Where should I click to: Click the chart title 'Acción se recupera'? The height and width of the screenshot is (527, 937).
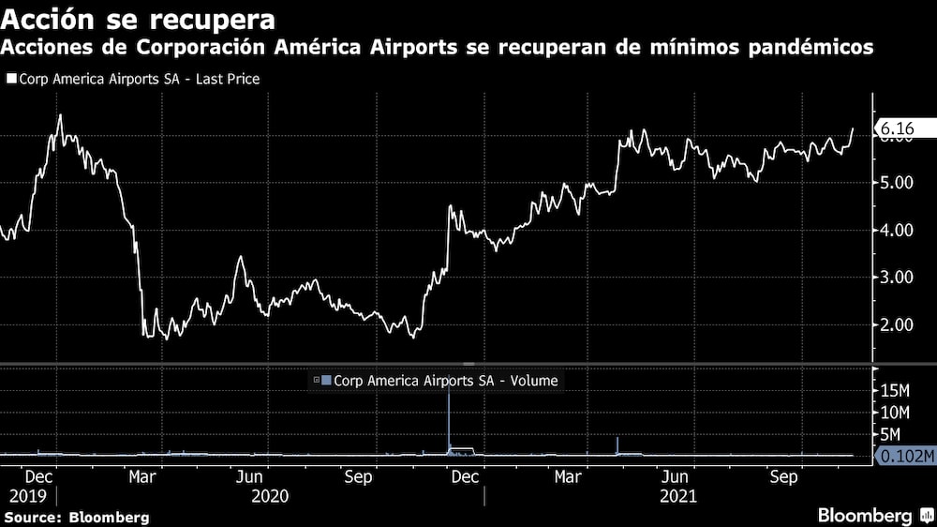(139, 19)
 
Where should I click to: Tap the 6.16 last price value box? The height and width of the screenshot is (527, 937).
(895, 128)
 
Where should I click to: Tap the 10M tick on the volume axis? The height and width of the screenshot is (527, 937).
(896, 413)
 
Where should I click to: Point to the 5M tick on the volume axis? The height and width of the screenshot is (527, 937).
(892, 434)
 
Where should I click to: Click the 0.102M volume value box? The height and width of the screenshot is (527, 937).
(903, 457)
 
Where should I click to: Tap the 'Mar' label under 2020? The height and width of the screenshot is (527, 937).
(141, 477)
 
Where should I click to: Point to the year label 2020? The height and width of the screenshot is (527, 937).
(269, 496)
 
